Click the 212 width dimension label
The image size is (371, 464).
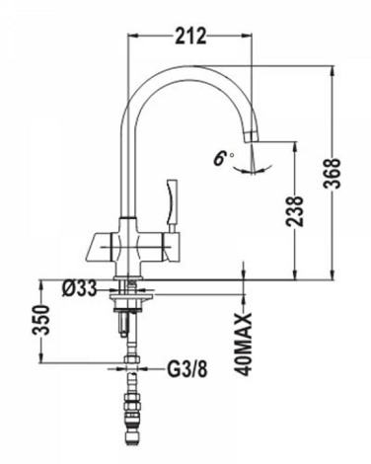190,36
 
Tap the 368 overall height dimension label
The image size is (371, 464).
332,174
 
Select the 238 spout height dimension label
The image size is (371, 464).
295,211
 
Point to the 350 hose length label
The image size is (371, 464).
40,320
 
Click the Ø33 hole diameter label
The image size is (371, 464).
79,288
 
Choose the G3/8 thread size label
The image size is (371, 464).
187,369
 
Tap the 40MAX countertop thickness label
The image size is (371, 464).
244,344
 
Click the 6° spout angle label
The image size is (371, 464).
223,158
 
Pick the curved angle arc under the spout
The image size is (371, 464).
253,170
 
